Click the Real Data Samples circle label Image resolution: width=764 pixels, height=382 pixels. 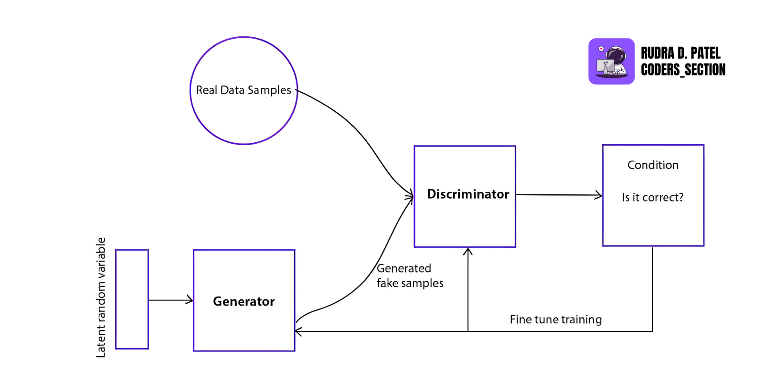(243, 90)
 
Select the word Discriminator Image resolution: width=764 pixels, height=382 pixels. (467, 194)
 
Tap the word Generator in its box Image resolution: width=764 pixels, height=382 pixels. (244, 301)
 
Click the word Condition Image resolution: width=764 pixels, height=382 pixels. (652, 165)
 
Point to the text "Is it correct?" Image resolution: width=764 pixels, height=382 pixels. (652, 198)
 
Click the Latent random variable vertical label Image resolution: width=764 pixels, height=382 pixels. (101, 297)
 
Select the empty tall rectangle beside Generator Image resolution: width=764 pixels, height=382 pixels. (132, 299)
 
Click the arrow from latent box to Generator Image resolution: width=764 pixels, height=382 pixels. (170, 300)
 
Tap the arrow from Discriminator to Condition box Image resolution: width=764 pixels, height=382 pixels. (559, 195)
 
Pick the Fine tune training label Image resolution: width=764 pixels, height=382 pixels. (555, 319)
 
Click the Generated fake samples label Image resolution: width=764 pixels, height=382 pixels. (409, 276)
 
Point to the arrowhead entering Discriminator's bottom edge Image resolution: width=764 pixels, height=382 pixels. (468, 251)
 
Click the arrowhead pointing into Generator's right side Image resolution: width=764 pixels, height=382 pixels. (298, 331)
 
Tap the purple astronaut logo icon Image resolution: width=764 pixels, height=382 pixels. (611, 62)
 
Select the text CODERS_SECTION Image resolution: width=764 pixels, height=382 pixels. (683, 70)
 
